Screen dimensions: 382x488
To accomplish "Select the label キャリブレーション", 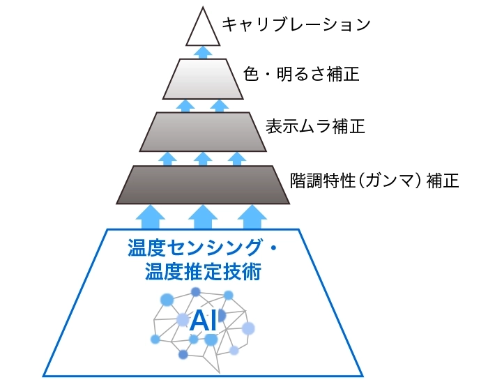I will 296,24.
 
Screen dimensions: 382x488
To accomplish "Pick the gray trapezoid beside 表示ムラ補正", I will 203,132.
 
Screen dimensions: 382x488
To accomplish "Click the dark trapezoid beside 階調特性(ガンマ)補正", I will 202,185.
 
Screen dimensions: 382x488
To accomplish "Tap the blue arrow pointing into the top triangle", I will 203,52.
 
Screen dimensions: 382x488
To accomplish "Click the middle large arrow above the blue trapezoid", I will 203,217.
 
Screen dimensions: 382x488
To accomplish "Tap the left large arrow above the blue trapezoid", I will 151,217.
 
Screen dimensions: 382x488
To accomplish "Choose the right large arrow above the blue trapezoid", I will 252,217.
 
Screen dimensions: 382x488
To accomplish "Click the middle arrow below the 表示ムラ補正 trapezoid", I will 203,158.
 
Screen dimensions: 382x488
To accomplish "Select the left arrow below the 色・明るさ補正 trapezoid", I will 185,105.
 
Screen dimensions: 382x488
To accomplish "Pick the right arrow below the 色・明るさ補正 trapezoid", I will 220,105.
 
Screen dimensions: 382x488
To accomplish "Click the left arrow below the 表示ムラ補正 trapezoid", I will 167,158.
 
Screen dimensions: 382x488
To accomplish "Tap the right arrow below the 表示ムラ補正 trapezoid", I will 237,158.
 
